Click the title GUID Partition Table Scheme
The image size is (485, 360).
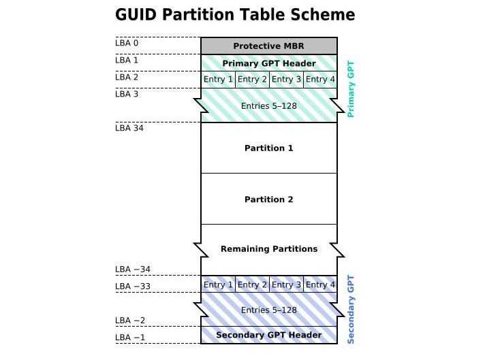[235, 15]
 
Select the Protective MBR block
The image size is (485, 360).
[268, 46]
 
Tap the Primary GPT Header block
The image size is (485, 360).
[268, 63]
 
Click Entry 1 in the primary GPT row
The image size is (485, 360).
[218, 80]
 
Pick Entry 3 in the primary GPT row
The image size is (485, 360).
[286, 80]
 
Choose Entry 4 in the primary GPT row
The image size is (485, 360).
[320, 80]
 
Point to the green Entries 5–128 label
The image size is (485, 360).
[268, 106]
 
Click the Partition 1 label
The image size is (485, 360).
[268, 148]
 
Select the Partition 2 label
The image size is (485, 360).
[268, 199]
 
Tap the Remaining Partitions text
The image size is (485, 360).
[268, 249]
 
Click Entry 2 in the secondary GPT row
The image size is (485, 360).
[252, 284]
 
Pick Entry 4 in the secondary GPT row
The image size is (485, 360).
[320, 284]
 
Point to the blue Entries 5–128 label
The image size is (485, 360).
[268, 310]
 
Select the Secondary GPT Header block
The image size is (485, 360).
[268, 335]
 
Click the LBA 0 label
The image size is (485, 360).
[127, 43]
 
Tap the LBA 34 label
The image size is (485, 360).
[129, 127]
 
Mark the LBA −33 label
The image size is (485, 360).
[133, 287]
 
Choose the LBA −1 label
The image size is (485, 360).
[130, 338]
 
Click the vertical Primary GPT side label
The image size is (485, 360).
[351, 89]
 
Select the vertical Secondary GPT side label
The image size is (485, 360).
[351, 310]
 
